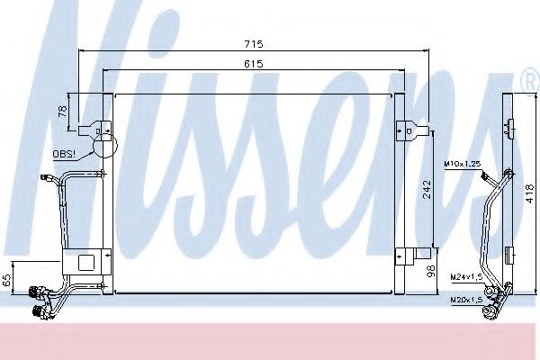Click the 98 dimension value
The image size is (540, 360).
430,271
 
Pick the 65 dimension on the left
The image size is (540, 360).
8,279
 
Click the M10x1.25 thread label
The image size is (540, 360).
461,163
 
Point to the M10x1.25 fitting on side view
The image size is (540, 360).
510,174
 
